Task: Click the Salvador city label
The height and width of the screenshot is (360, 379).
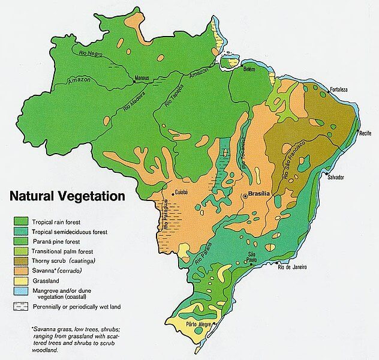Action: [336, 177]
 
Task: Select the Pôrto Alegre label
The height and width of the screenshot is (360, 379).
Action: [202, 325]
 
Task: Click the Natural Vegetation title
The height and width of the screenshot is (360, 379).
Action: [66, 196]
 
